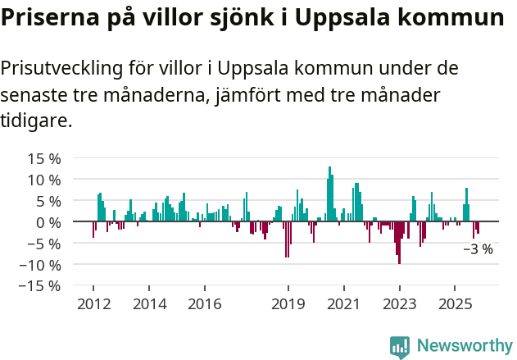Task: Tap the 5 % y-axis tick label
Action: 47,201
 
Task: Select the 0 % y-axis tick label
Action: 47,222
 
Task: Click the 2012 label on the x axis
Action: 93,304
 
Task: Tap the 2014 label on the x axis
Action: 148,304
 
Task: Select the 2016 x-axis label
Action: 204,304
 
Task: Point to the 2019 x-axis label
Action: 288,304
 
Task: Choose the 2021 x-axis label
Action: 343,304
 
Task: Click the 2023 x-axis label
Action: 399,304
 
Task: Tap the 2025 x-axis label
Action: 455,304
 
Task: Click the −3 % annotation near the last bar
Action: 478,249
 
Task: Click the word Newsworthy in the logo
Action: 464,346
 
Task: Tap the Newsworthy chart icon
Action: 400,347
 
